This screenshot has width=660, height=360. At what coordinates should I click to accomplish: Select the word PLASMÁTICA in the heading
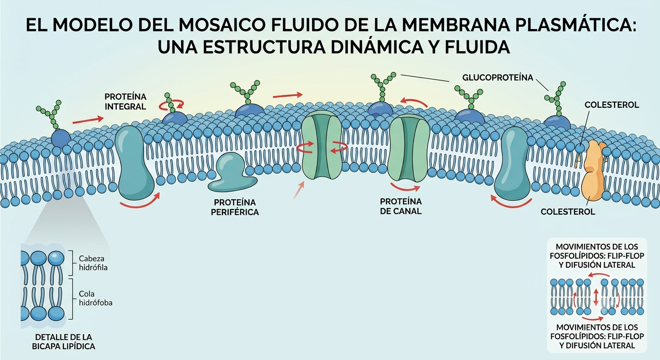(576, 25)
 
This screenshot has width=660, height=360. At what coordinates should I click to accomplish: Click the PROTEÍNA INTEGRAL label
(126, 102)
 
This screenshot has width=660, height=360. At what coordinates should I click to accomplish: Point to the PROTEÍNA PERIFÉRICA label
(235, 207)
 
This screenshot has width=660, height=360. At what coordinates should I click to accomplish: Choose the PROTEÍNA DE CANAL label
(401, 206)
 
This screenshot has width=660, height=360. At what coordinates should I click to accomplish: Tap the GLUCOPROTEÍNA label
(498, 78)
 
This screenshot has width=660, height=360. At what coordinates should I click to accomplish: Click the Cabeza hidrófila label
(93, 263)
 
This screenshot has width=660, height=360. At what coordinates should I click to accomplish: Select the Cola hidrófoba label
(96, 298)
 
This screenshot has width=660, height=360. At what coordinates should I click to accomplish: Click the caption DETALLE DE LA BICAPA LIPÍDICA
(64, 342)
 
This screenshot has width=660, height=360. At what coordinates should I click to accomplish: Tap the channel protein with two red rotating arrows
(322, 145)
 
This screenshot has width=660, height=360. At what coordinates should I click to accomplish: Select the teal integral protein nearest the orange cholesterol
(512, 164)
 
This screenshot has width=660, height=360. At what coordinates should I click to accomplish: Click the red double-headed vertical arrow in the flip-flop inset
(596, 297)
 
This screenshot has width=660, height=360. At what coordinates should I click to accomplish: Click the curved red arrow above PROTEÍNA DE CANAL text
(405, 187)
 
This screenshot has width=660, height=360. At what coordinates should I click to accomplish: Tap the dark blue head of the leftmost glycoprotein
(61, 138)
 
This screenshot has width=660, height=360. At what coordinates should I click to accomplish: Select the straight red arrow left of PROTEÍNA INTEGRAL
(88, 120)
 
